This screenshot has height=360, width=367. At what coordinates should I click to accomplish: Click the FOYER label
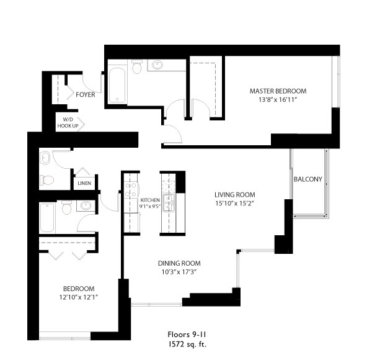(85, 95)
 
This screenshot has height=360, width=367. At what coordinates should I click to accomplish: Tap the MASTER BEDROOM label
(278, 91)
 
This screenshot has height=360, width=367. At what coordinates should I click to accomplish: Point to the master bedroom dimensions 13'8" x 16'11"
(278, 99)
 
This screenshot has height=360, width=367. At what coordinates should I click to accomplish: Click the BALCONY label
(307, 179)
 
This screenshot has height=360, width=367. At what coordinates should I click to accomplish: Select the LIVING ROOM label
(235, 195)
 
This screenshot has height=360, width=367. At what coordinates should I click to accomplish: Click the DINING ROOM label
(179, 263)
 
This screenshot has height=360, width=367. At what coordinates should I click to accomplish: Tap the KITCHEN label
(150, 200)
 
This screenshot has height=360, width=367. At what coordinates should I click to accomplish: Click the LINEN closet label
(84, 183)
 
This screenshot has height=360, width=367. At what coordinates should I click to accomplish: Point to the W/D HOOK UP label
(68, 123)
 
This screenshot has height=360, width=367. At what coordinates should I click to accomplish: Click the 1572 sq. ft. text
(187, 344)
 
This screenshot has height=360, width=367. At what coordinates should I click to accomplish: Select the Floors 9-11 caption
(187, 334)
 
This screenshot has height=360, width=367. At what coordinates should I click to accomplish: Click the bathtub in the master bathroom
(117, 85)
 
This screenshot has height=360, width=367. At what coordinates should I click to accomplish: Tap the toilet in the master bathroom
(137, 66)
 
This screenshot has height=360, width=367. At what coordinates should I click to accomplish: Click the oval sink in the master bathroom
(157, 65)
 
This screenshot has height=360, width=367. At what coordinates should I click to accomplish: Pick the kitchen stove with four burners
(131, 190)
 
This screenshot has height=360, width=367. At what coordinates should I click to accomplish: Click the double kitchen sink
(169, 203)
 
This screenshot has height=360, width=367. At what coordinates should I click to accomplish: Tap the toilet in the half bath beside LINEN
(47, 180)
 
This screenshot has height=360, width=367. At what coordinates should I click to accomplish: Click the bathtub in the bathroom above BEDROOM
(47, 217)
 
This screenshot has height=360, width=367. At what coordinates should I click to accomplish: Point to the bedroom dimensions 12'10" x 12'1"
(78, 297)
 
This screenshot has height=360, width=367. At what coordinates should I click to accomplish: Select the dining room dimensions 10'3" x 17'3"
(179, 272)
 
